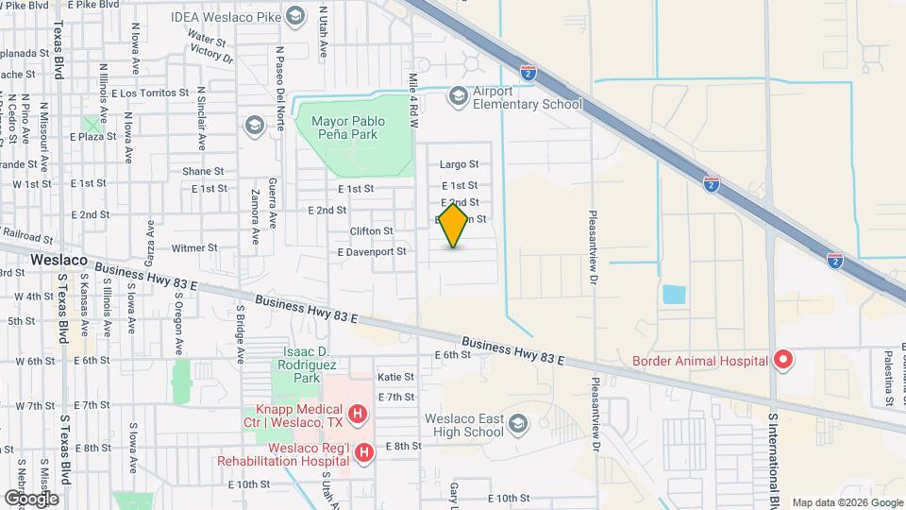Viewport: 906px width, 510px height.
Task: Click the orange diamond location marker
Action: point(454,227)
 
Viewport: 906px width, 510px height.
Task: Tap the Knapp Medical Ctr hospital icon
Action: point(357,413)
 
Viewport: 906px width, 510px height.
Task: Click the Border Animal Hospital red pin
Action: point(782,359)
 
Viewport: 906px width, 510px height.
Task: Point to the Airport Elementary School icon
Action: point(458,95)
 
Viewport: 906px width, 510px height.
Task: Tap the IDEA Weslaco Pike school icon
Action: point(294,16)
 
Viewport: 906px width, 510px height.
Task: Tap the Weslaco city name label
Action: point(59,259)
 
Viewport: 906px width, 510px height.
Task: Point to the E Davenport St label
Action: point(372,252)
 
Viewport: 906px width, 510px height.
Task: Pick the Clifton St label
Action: point(371,231)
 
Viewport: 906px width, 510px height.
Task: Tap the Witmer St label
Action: point(194,248)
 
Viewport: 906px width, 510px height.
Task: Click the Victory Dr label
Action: point(211,56)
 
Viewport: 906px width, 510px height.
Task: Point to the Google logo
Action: point(31,498)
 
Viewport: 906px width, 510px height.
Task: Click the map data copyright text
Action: point(847,502)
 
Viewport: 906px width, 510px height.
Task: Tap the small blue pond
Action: point(674,294)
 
